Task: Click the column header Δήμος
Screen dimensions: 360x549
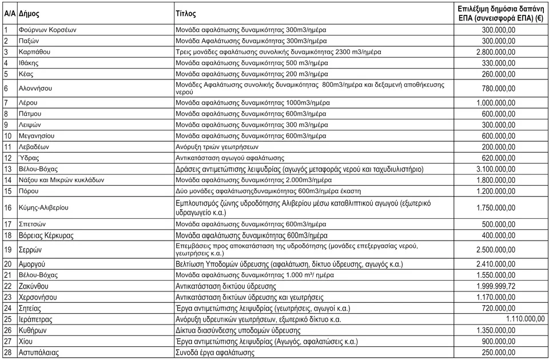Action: tap(29, 13)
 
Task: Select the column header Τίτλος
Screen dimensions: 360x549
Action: tap(186, 13)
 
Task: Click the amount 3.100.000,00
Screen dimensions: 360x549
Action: tap(495, 169)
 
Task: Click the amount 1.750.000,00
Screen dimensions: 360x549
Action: tap(495, 207)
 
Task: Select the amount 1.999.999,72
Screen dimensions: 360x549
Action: tap(495, 286)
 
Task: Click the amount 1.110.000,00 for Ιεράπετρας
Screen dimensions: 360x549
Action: tap(526, 319)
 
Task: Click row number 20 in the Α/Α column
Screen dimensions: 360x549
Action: tap(8, 264)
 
